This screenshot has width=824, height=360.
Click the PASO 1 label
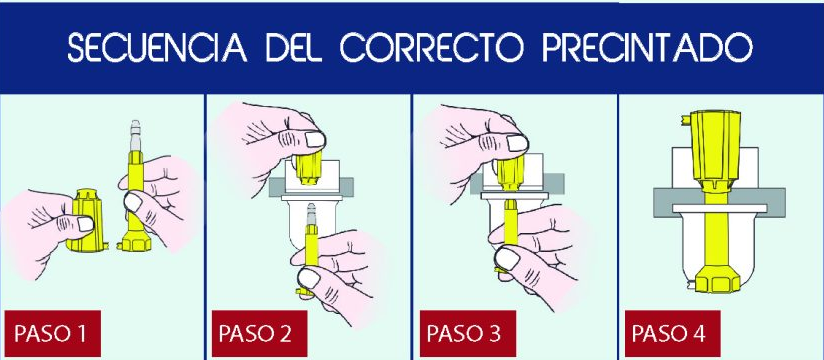[49, 331]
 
